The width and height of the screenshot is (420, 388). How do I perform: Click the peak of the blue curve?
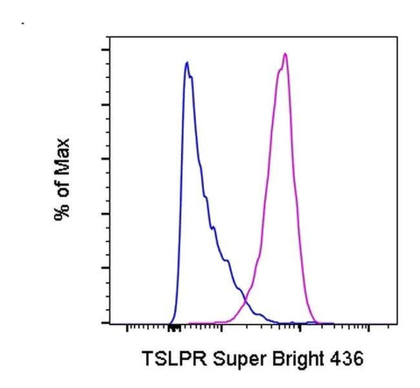click(x=186, y=63)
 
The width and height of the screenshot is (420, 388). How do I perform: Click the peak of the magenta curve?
click(x=285, y=54)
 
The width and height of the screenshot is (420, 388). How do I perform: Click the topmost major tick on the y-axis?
click(x=103, y=50)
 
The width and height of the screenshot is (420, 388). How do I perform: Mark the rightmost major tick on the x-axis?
click(x=369, y=327)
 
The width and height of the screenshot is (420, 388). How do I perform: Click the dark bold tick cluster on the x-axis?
click(x=174, y=327)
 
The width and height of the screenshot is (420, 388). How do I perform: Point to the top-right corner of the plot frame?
click(x=386, y=38)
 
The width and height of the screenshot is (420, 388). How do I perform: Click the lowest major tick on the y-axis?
click(x=103, y=322)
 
